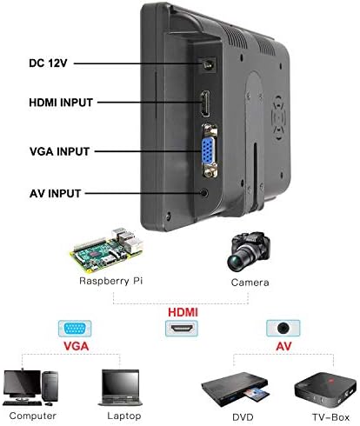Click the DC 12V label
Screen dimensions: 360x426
coord(48,63)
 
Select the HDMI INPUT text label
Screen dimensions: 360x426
coord(61,103)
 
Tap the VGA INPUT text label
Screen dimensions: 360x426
coord(60,151)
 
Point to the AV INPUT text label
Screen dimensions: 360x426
coord(55,194)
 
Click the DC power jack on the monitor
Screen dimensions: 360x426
coord(208,64)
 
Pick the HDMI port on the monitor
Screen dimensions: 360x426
coord(205,103)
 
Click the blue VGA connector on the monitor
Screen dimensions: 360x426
coord(209,151)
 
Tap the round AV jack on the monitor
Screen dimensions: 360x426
coord(204,193)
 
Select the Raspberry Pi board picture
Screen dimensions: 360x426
coord(107,250)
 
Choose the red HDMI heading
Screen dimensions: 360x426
coord(183,312)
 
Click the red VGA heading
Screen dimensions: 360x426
coord(76,346)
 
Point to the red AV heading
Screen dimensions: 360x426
coord(283,346)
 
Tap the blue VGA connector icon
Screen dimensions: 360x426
coord(75,329)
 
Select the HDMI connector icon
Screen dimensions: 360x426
coord(182,329)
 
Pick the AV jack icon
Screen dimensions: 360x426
coord(283,328)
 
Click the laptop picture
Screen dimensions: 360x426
coord(121,388)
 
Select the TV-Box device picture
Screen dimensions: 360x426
coord(325,389)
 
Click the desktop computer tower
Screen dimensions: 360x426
coord(50,386)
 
